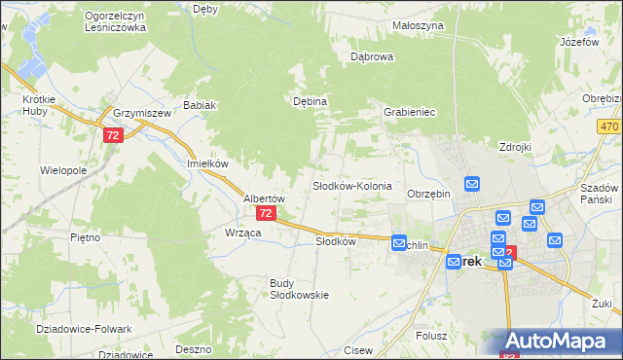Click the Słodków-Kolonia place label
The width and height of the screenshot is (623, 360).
(x=351, y=185)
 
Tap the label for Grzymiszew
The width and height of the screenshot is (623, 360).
(x=141, y=113)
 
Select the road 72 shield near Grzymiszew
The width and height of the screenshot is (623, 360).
(x=114, y=137)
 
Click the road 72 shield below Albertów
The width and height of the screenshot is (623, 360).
(x=267, y=213)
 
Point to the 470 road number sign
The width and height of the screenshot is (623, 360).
(x=610, y=127)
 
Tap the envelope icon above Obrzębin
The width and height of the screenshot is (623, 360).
(x=472, y=183)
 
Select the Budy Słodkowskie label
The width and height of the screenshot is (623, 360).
(x=299, y=289)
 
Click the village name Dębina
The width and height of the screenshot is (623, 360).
(x=310, y=100)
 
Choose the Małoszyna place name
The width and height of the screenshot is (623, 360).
(x=419, y=25)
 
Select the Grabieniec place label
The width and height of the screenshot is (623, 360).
(x=409, y=113)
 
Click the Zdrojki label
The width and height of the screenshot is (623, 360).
(x=513, y=147)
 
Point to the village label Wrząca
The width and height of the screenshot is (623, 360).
(x=242, y=234)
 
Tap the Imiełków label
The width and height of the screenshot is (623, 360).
(x=207, y=163)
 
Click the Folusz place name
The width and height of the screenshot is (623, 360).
(x=429, y=336)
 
